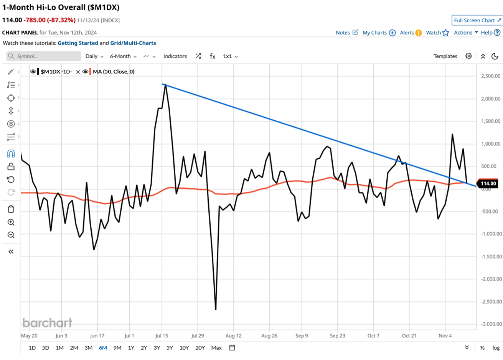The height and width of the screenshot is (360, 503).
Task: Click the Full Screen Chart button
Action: [477, 20]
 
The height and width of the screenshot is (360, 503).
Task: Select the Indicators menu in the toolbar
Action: [175, 56]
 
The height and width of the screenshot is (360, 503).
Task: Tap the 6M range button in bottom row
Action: [103, 348]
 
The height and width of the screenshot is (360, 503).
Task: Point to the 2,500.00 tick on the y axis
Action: [491, 76]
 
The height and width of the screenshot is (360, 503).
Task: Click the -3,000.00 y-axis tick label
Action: [491, 324]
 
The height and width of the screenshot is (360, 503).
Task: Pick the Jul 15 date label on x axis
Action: [162, 335]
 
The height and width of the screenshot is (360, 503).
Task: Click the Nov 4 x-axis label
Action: [445, 335]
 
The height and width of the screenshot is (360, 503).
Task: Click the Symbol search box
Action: [44, 56]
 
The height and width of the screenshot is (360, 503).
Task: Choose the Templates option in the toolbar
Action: [445, 56]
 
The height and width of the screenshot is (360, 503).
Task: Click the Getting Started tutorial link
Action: [78, 43]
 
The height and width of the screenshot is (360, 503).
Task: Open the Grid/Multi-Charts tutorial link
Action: [133, 43]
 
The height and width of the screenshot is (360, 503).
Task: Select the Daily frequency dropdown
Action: [94, 56]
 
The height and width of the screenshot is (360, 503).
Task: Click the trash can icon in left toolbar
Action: [11, 209]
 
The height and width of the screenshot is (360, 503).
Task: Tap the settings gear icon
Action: [468, 56]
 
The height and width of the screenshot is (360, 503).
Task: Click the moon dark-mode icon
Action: [495, 56]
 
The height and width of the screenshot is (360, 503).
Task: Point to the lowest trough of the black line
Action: [216, 309]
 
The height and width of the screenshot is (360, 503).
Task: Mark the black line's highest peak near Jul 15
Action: [165, 85]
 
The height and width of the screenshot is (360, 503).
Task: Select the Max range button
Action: [216, 348]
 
